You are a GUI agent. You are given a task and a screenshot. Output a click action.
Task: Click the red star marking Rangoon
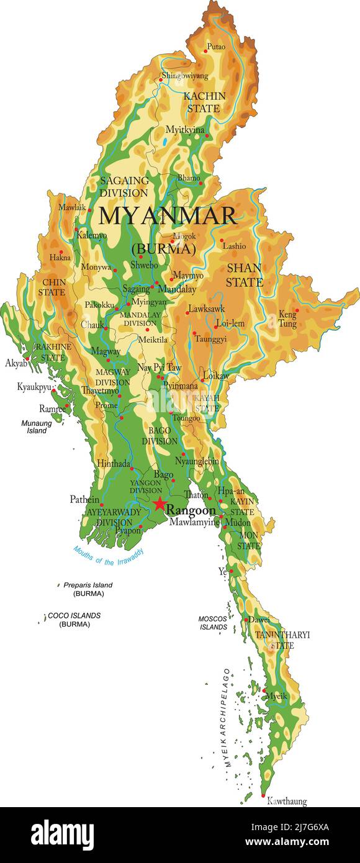pyautogui.click(x=160, y=504)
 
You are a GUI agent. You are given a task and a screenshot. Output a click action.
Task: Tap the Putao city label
pyautogui.click(x=216, y=47)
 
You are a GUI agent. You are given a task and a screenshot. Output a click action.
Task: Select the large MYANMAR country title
pyautogui.click(x=168, y=216)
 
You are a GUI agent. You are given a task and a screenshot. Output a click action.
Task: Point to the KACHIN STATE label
pyautogui.click(x=204, y=102)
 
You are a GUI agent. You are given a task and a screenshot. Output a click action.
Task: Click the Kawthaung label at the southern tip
pyautogui.click(x=287, y=802)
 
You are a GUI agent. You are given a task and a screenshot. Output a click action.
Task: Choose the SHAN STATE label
pyautogui.click(x=244, y=274)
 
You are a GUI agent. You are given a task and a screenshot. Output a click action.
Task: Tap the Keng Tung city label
pyautogui.click(x=287, y=319)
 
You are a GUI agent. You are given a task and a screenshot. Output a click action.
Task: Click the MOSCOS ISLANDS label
pyautogui.click(x=213, y=623)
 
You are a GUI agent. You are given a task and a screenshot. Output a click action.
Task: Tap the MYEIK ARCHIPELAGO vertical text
pyautogui.click(x=227, y=718)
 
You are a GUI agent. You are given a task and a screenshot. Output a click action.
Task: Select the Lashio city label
pyautogui.click(x=234, y=246)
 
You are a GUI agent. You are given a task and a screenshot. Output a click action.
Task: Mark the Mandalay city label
pyautogui.click(x=177, y=289)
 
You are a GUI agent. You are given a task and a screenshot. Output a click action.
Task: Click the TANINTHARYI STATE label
pyautogui.click(x=282, y=639)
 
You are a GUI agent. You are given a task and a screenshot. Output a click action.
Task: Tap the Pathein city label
pyautogui.click(x=84, y=499)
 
